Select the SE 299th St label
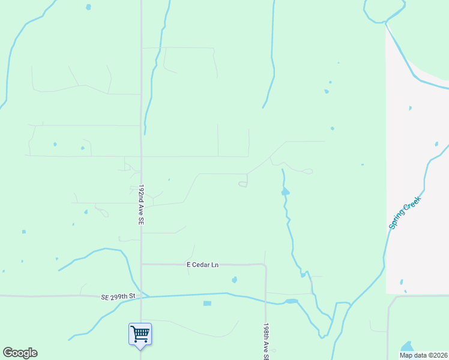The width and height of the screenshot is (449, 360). [x=116, y=296]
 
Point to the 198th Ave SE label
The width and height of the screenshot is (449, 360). [x=265, y=341]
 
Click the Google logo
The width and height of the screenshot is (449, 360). [x=20, y=353]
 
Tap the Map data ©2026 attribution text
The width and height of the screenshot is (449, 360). [x=424, y=355]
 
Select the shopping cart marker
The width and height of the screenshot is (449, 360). [x=140, y=334]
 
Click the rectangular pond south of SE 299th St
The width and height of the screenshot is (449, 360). [x=207, y=304]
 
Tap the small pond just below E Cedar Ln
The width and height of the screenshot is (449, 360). [x=234, y=280]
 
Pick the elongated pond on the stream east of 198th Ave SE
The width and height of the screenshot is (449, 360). [x=291, y=301]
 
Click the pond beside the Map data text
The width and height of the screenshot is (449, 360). [x=408, y=347]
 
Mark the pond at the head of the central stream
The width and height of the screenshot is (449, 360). [x=285, y=192]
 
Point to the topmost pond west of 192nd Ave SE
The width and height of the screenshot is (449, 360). [x=88, y=7]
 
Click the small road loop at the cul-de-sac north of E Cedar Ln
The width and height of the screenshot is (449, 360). [x=243, y=184]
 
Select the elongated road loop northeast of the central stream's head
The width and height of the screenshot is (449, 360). [x=307, y=172]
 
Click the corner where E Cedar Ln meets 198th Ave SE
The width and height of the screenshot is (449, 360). [x=265, y=265]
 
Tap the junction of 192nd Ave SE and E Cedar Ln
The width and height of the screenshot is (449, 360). [x=141, y=263]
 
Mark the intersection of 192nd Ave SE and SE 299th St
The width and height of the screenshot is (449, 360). [x=141, y=295]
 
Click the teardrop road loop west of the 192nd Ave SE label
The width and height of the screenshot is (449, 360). [x=103, y=212]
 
